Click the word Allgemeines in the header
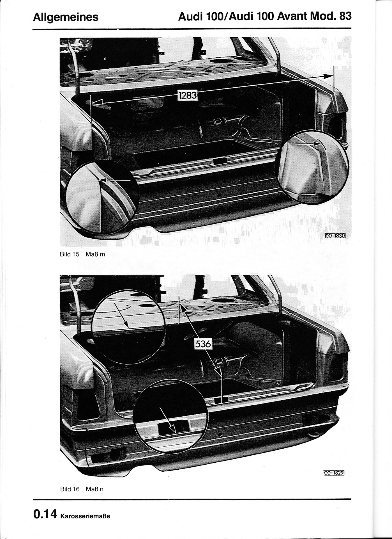(x=66, y=17)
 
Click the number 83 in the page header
(x=345, y=17)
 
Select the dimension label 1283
(x=188, y=95)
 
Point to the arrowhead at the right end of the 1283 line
(x=328, y=76)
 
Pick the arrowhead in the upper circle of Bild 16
(x=126, y=324)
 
